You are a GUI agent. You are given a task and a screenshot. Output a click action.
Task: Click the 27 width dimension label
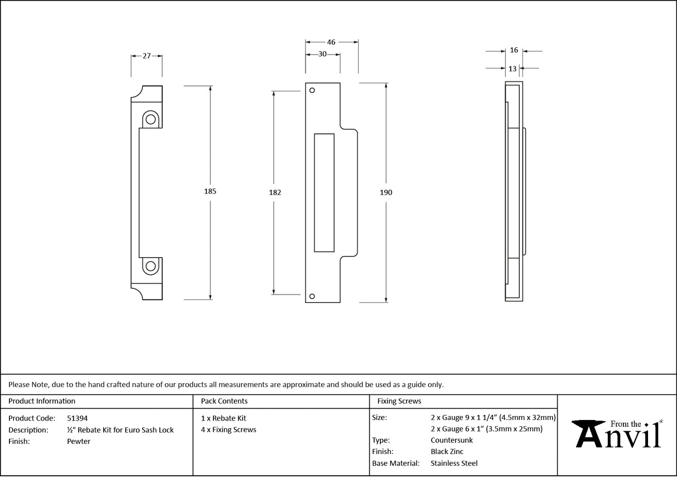(147, 56)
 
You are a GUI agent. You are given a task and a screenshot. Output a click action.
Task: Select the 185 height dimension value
(210, 191)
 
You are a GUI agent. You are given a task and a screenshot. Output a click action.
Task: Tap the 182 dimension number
(274, 192)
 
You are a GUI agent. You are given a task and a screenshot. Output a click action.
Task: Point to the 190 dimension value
(386, 192)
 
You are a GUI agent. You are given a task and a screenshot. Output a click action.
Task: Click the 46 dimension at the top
(331, 42)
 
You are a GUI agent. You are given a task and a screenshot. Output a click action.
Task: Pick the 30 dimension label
(322, 54)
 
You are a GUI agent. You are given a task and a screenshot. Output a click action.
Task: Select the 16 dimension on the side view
(514, 50)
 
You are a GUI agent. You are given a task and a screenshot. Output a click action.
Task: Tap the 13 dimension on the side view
(512, 69)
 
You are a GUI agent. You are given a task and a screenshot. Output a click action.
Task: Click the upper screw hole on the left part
(150, 119)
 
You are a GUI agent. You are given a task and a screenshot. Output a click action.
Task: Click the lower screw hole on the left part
(150, 266)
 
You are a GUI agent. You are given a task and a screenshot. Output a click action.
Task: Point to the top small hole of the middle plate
(312, 90)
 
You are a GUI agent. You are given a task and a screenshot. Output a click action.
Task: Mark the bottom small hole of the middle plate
(312, 296)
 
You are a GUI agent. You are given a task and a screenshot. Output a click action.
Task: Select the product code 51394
(77, 418)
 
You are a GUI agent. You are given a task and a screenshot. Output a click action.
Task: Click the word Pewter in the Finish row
(79, 441)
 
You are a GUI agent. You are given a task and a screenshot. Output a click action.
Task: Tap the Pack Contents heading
(224, 401)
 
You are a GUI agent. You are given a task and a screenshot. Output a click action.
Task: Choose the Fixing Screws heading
(399, 401)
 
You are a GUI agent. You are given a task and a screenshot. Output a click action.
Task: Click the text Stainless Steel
(454, 463)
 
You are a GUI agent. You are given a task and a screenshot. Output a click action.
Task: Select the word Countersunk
(452, 440)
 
